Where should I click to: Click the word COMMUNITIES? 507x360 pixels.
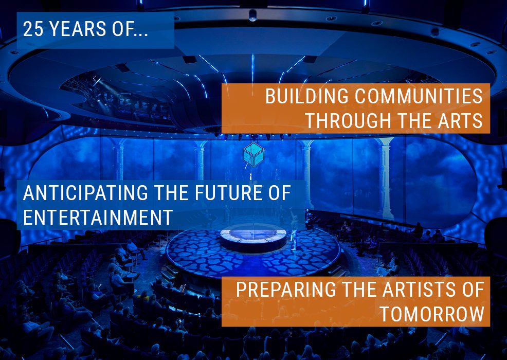(x=419, y=96)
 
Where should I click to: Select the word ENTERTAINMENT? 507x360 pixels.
(x=98, y=217)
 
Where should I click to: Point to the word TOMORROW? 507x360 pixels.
(x=432, y=313)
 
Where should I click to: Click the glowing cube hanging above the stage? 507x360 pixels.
(x=254, y=155)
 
